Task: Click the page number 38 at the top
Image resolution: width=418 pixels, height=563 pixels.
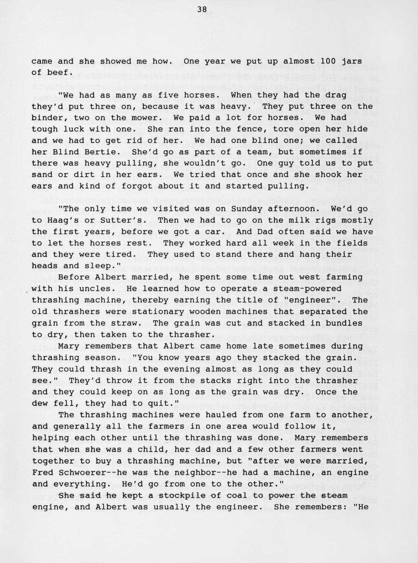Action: (x=202, y=10)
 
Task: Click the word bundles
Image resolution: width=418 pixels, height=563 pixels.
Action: (x=343, y=323)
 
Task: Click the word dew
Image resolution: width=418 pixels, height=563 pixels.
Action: (x=42, y=403)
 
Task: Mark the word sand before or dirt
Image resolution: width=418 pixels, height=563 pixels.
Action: (x=42, y=175)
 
